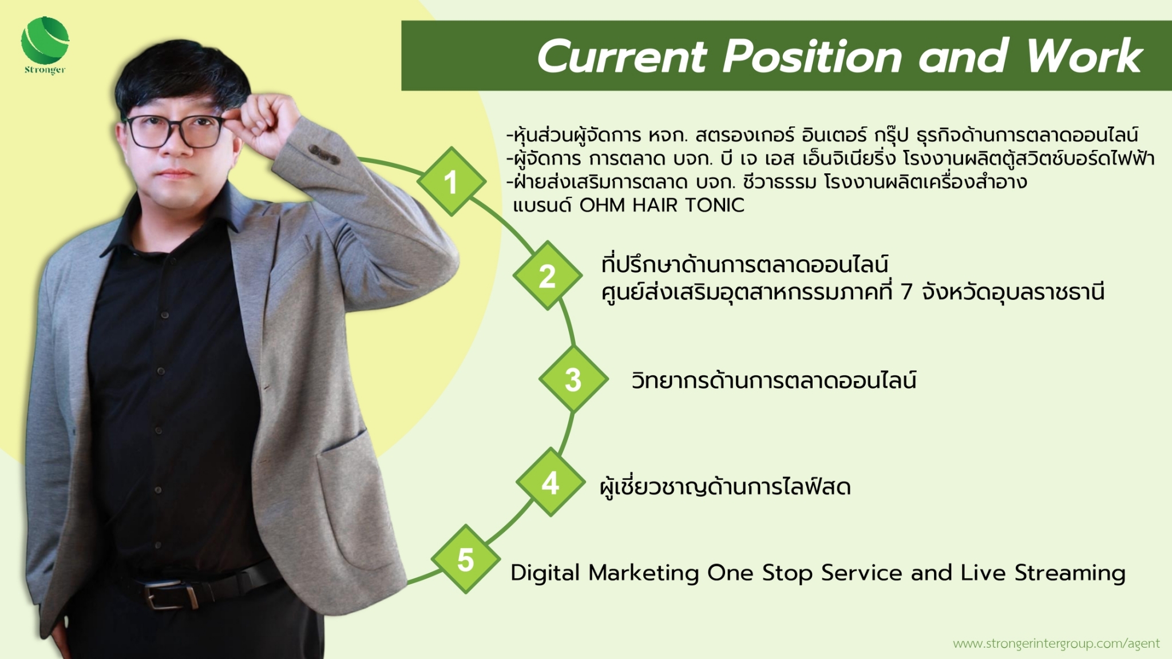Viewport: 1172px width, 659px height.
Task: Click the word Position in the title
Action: (x=813, y=57)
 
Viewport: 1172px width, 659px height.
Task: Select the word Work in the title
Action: (x=1084, y=56)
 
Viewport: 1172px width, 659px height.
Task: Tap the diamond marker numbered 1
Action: (x=452, y=181)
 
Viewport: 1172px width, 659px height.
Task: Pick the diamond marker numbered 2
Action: (x=548, y=276)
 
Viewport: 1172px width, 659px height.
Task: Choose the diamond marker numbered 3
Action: (x=573, y=379)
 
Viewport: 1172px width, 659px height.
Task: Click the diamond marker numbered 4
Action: (x=551, y=482)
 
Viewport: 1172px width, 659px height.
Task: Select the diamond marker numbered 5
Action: (x=466, y=559)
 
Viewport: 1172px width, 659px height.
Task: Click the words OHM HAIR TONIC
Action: (x=662, y=205)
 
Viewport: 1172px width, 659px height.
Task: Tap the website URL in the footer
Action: (x=1056, y=644)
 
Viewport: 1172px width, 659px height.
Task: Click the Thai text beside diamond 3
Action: (x=774, y=380)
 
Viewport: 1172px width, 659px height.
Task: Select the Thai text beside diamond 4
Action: (x=725, y=486)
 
